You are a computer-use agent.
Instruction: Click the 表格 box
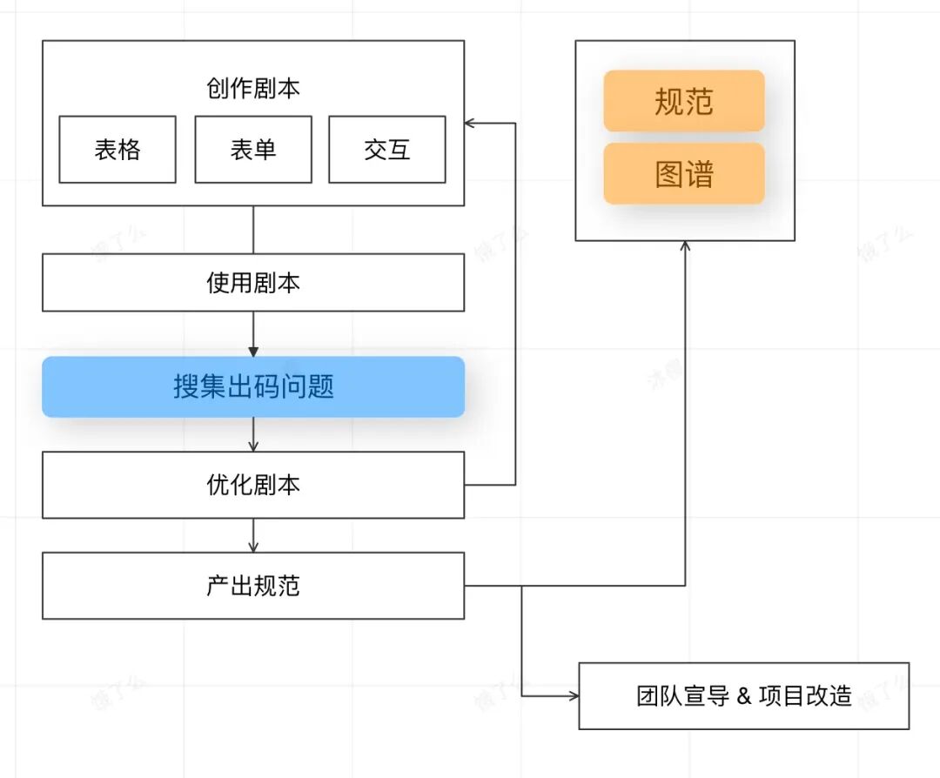click(117, 150)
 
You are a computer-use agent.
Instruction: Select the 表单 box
click(253, 150)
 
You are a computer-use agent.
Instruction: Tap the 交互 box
click(387, 150)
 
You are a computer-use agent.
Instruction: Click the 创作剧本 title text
click(253, 89)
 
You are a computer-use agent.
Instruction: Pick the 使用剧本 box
click(253, 283)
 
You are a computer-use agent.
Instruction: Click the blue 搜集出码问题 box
click(253, 386)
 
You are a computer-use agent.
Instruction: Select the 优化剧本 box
click(253, 485)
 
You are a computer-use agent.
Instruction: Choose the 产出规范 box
click(253, 586)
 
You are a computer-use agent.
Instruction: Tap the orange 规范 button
click(684, 102)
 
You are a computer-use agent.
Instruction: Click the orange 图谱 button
click(684, 174)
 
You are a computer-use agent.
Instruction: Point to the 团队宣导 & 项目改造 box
click(744, 696)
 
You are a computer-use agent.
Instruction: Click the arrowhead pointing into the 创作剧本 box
click(470, 124)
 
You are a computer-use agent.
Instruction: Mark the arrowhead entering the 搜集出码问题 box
click(253, 352)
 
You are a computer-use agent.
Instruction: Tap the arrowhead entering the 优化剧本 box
click(253, 446)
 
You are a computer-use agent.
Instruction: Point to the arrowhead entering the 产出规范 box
click(253, 547)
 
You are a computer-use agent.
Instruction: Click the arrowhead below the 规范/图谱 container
click(685, 247)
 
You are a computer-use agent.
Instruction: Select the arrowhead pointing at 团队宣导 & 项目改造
click(573, 696)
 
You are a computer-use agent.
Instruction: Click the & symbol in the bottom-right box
click(743, 696)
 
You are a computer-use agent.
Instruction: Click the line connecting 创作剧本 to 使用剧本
click(253, 230)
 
